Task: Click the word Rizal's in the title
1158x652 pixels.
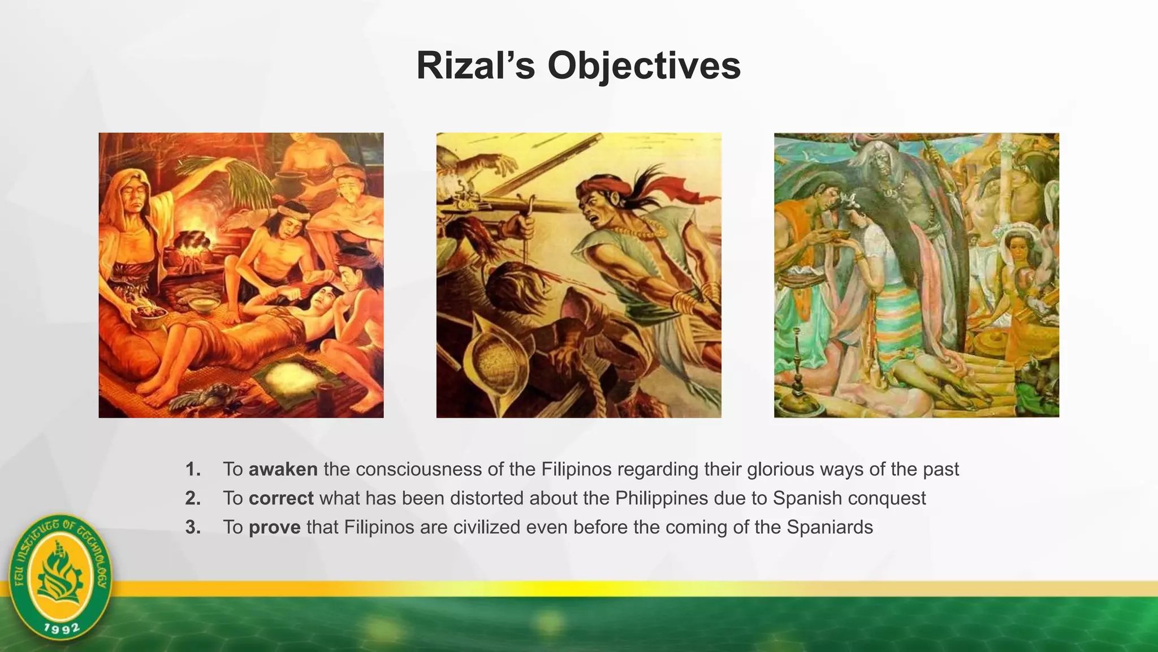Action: (x=475, y=66)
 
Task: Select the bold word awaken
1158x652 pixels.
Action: (x=283, y=469)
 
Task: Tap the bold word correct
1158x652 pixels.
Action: (x=280, y=498)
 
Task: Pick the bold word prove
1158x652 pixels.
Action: (x=274, y=527)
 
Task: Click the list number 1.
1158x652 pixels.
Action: (x=193, y=469)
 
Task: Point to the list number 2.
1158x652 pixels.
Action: (x=193, y=498)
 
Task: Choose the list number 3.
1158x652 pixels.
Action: (x=193, y=527)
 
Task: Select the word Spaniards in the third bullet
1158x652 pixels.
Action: (x=829, y=527)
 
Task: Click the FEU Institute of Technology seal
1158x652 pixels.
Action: (x=61, y=578)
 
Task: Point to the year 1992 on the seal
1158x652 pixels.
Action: (x=62, y=628)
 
